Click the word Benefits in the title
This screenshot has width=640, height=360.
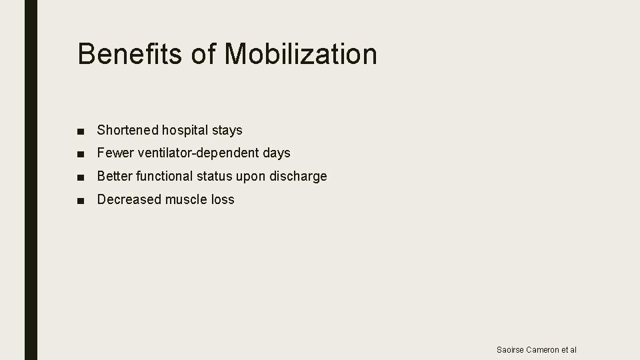130,54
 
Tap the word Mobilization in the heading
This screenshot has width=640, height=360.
301,54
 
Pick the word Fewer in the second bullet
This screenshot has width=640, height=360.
115,153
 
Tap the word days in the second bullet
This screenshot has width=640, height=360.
277,153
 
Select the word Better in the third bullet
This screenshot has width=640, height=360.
115,177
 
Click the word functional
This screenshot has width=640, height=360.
163,177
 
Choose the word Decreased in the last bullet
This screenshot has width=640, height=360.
129,199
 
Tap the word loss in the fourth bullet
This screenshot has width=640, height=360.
223,199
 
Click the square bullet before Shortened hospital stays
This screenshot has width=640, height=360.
81,131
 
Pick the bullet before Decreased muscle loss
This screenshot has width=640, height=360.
81,200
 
